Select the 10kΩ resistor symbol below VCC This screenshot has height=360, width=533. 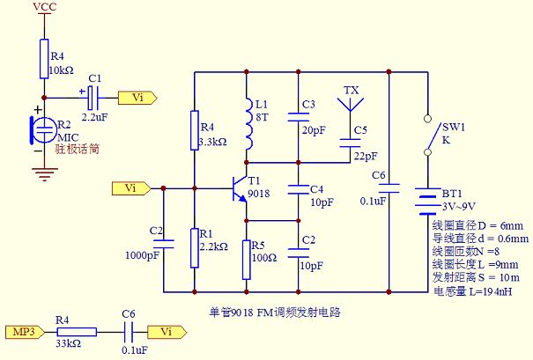coord(42,58)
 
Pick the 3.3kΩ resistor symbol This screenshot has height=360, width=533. coord(194,129)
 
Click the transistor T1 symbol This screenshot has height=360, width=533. coord(238,188)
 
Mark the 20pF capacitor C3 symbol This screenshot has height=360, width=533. coord(300,119)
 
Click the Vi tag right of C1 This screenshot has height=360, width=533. coord(137,98)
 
